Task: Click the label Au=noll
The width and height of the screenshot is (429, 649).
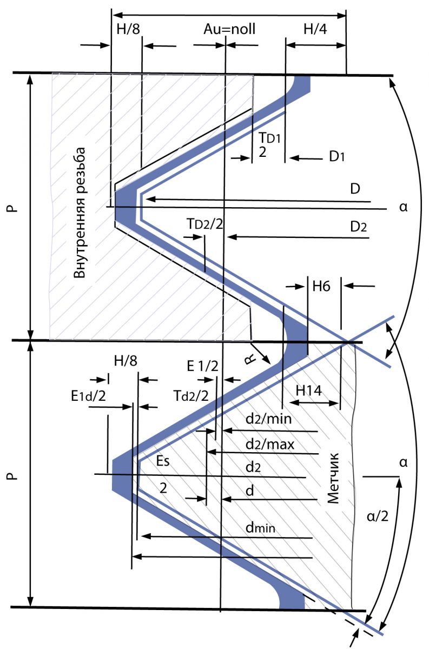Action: click(x=229, y=29)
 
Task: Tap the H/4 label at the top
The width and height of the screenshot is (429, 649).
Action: click(x=315, y=29)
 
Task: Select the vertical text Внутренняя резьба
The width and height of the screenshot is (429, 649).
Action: click(x=79, y=213)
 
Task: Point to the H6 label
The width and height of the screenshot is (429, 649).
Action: click(x=321, y=287)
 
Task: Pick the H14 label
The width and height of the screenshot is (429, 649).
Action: click(x=308, y=391)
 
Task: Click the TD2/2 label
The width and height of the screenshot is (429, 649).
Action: click(x=205, y=224)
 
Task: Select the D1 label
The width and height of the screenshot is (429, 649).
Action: click(x=336, y=157)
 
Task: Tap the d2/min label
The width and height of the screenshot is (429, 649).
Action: click(x=268, y=419)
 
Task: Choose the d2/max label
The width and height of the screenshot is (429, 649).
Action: click(x=270, y=444)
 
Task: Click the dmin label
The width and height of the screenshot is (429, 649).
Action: click(x=260, y=528)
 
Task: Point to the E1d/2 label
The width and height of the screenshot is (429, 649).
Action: click(x=88, y=396)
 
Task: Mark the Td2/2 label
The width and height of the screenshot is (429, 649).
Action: click(x=191, y=396)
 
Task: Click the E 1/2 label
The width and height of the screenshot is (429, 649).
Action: click(x=202, y=366)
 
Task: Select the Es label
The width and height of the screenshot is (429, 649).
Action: click(x=163, y=461)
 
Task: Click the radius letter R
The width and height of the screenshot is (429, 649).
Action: click(x=250, y=360)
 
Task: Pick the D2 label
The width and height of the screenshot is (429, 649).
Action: click(x=358, y=227)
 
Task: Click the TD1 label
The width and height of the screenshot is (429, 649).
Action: click(x=269, y=138)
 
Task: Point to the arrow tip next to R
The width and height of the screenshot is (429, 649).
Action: click(x=269, y=363)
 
